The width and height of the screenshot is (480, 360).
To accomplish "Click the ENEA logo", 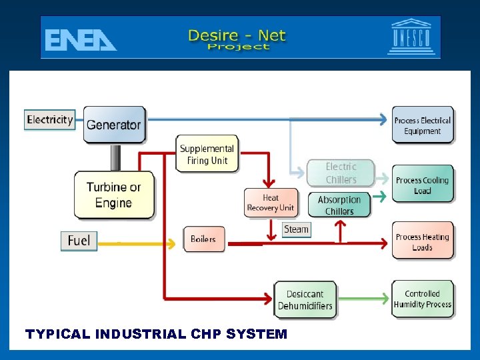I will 80,39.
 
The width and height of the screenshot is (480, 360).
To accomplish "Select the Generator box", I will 114,124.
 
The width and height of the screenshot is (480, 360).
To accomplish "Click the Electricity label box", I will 50,120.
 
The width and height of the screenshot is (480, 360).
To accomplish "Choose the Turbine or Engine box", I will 113,195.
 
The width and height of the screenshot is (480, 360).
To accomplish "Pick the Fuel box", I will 79,240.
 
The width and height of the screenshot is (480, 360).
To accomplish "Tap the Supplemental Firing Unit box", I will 207,154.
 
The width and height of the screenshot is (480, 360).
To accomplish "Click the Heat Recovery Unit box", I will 270,203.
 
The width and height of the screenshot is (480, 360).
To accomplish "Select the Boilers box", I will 204,239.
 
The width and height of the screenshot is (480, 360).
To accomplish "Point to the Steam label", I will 296,229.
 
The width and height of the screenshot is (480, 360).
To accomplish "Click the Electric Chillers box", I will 341,173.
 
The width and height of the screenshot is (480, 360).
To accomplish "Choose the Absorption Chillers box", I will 339,205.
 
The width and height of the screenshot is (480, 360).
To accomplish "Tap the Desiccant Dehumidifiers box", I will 305,300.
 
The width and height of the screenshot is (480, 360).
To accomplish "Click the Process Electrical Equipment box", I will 423,125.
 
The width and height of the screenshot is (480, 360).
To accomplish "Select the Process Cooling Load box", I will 423,185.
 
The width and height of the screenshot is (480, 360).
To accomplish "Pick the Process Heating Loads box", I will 423,241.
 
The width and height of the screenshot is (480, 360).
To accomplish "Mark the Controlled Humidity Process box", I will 423,299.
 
